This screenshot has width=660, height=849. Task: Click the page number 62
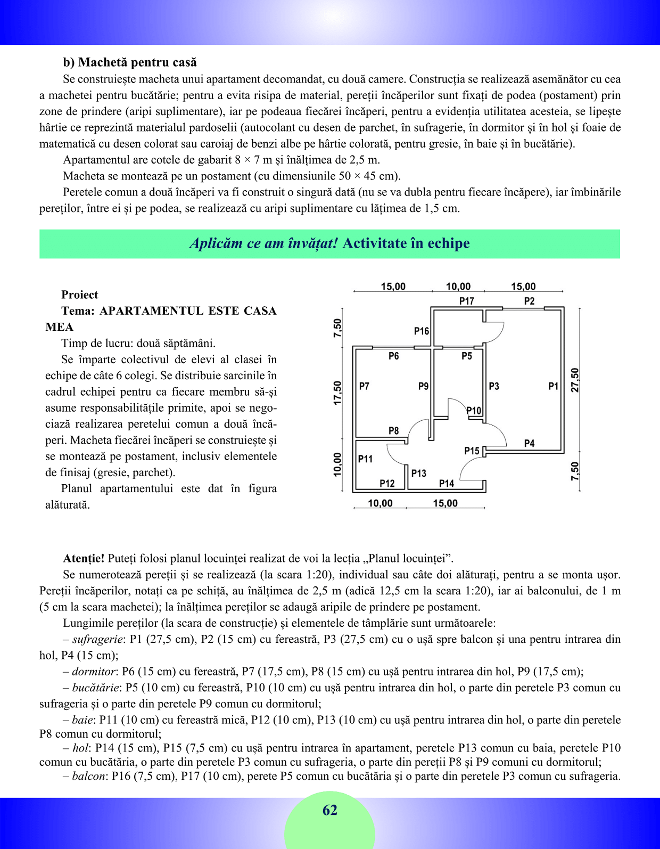pos(330,810)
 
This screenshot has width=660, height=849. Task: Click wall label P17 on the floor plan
pos(467,301)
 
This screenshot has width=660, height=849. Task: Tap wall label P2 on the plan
pos(529,301)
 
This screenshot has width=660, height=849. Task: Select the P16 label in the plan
pos(422,331)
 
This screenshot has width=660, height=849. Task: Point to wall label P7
pos(364,386)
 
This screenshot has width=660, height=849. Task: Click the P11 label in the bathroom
pos(365,459)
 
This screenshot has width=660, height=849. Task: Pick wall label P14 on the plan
pos(447,484)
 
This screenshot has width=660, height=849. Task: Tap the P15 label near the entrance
pos(472,451)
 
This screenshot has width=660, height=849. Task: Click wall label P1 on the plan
pos(554,386)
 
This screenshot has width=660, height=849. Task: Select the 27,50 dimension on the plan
pos(575,380)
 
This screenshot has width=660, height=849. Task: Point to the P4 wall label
pos(529,443)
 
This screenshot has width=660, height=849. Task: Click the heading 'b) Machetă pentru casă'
pos(130,62)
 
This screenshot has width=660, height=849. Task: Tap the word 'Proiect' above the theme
pos(80,295)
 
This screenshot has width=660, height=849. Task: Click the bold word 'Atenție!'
pos(84,559)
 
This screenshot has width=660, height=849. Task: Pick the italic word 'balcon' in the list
pos(88,776)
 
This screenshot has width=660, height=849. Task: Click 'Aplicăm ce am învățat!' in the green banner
pos(263,243)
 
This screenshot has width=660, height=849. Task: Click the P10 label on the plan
pos(474,411)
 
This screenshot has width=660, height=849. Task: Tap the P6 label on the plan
pos(393,356)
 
